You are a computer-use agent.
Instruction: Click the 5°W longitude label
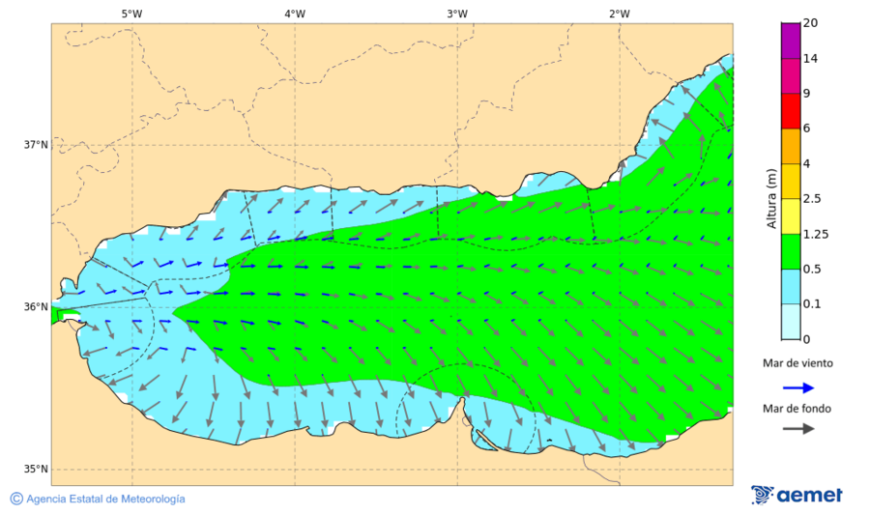[x=131, y=14]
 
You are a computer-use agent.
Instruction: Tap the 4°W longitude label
[x=295, y=14]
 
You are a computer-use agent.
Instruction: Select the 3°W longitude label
[x=457, y=14]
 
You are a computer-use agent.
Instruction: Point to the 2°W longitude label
[x=620, y=14]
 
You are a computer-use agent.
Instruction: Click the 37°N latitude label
[x=36, y=145]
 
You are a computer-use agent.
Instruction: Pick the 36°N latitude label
[x=36, y=307]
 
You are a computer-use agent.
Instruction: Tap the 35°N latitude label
[x=36, y=470]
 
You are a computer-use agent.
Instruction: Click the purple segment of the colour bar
[x=790, y=41]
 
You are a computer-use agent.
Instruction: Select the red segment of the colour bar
[x=790, y=110]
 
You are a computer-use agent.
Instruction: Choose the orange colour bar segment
[x=790, y=146]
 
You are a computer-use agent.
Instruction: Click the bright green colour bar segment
[x=790, y=251]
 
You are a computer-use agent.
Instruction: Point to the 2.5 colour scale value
[x=812, y=199]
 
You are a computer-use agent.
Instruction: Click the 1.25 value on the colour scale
[x=815, y=234]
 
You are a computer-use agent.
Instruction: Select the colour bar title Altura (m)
[x=771, y=198]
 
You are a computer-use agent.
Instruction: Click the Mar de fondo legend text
[x=797, y=408]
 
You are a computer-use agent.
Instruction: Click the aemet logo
[x=797, y=495]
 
